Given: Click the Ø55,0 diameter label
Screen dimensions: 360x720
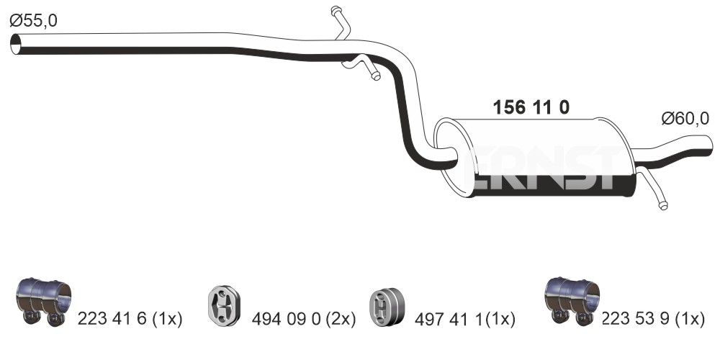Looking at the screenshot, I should [x=33, y=21].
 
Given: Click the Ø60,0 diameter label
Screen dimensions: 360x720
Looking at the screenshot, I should [x=685, y=119].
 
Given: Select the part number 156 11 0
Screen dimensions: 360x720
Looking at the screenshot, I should [x=531, y=107].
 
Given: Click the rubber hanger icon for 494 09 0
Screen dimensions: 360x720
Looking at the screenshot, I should [x=224, y=305].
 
